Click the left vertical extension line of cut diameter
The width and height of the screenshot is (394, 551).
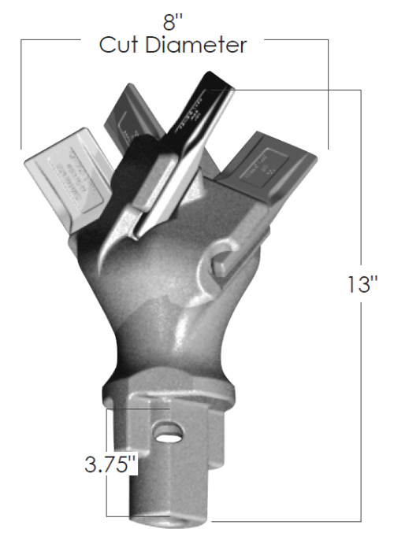[22, 94]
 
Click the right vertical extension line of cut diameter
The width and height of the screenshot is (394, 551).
[329, 94]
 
